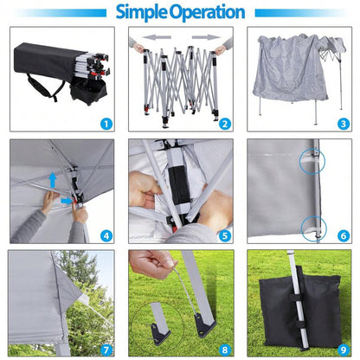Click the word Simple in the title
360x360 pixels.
[142, 12]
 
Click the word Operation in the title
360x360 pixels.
[207, 12]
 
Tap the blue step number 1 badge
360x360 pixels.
[106, 124]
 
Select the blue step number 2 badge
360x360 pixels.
[225, 124]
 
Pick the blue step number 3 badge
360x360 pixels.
[344, 124]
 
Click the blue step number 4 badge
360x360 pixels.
[106, 236]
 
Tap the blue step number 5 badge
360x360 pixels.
[225, 236]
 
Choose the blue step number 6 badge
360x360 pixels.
[344, 236]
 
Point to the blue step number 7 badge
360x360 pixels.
[106, 350]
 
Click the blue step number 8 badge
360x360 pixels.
[225, 350]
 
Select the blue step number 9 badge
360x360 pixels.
[344, 350]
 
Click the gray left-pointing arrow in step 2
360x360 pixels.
[157, 37]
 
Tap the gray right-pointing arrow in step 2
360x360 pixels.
[206, 37]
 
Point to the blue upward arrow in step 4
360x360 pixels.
[53, 180]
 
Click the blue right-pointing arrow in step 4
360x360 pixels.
[67, 201]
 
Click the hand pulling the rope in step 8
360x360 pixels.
[151, 263]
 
